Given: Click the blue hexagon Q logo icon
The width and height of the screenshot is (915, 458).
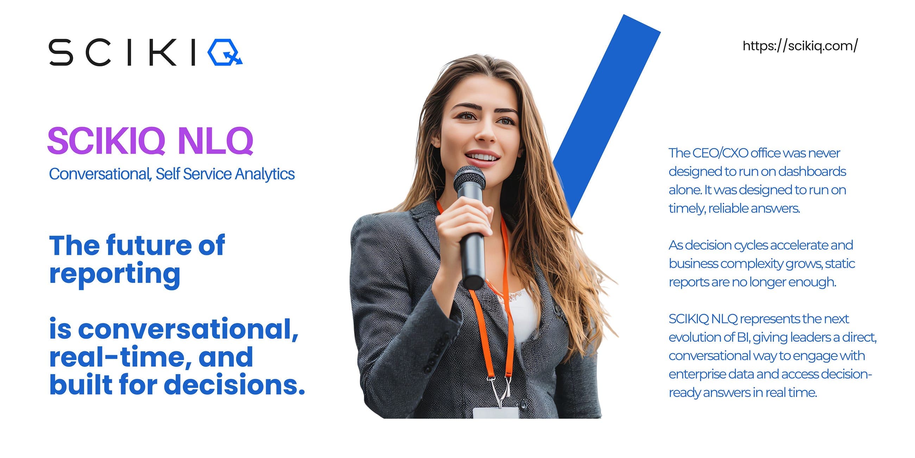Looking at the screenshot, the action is click(x=225, y=52).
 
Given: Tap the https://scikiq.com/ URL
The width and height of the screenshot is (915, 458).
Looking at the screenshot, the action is click(x=800, y=46).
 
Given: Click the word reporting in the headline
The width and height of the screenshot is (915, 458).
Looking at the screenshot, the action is click(x=115, y=274).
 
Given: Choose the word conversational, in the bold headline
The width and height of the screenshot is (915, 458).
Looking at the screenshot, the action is click(x=188, y=329).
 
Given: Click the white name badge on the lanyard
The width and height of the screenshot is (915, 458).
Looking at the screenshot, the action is click(x=496, y=413).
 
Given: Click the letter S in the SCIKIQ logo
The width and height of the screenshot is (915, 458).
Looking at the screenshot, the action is click(x=61, y=52).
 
